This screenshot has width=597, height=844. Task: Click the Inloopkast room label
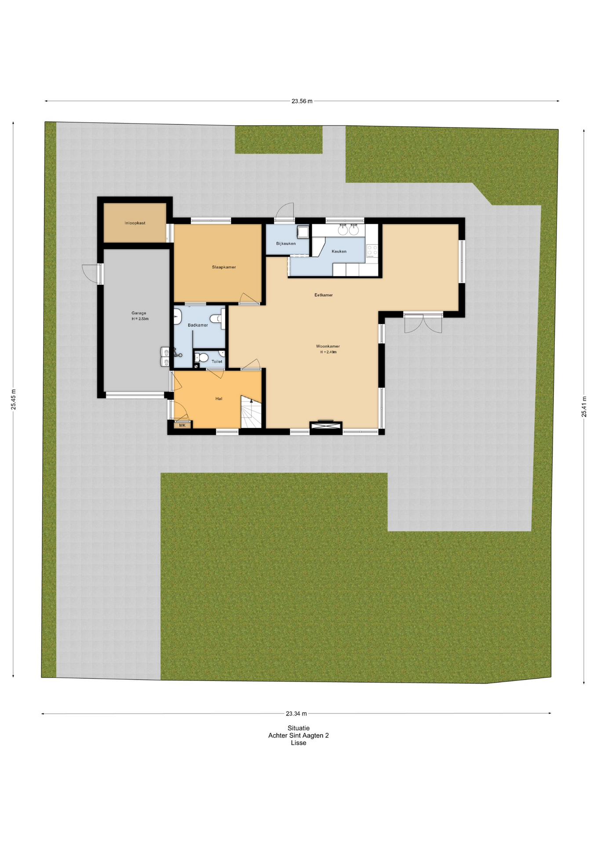[x=135, y=223]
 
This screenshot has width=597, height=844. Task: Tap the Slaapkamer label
[x=224, y=267]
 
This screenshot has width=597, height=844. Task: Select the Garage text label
[x=139, y=313]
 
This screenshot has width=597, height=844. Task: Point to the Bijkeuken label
[x=286, y=243]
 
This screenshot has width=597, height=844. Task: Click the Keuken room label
[x=339, y=251]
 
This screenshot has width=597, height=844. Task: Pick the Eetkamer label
[x=324, y=295]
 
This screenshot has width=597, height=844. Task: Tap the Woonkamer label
[x=328, y=346]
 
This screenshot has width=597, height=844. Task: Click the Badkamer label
[x=198, y=325]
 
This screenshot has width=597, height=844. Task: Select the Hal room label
[x=219, y=399]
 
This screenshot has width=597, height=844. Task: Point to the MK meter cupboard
[x=182, y=425]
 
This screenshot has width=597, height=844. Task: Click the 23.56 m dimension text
[x=302, y=101]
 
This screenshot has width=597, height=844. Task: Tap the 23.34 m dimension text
[x=296, y=713]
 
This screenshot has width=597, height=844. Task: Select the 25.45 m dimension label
[x=13, y=399]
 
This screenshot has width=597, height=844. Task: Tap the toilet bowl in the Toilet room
[x=202, y=358]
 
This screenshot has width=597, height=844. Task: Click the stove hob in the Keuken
[x=372, y=251]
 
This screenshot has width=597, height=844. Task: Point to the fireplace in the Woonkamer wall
[x=326, y=426]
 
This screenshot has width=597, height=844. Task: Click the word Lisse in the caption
[x=298, y=743]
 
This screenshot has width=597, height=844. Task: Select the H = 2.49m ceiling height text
[x=328, y=352]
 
